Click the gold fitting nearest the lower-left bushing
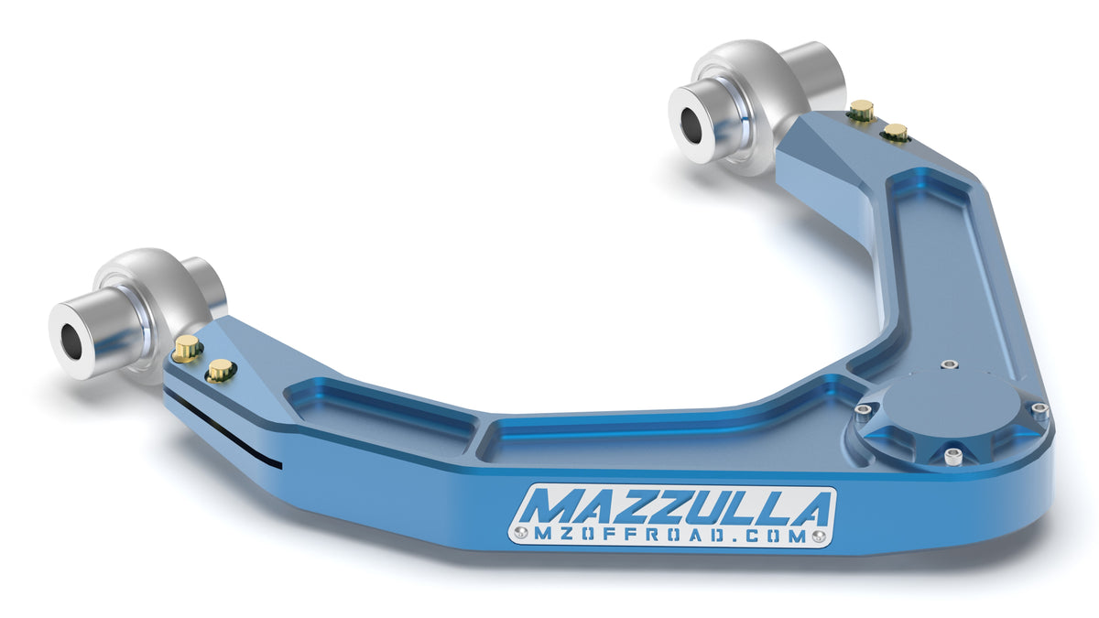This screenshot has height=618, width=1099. click(187, 346)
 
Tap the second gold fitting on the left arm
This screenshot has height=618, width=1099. click(220, 369)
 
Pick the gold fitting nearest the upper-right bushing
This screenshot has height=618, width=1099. click(860, 111)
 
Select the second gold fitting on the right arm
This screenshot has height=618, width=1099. click(896, 133)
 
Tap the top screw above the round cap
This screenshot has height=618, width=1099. click(949, 364)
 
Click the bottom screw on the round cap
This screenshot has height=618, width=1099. click(952, 456)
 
